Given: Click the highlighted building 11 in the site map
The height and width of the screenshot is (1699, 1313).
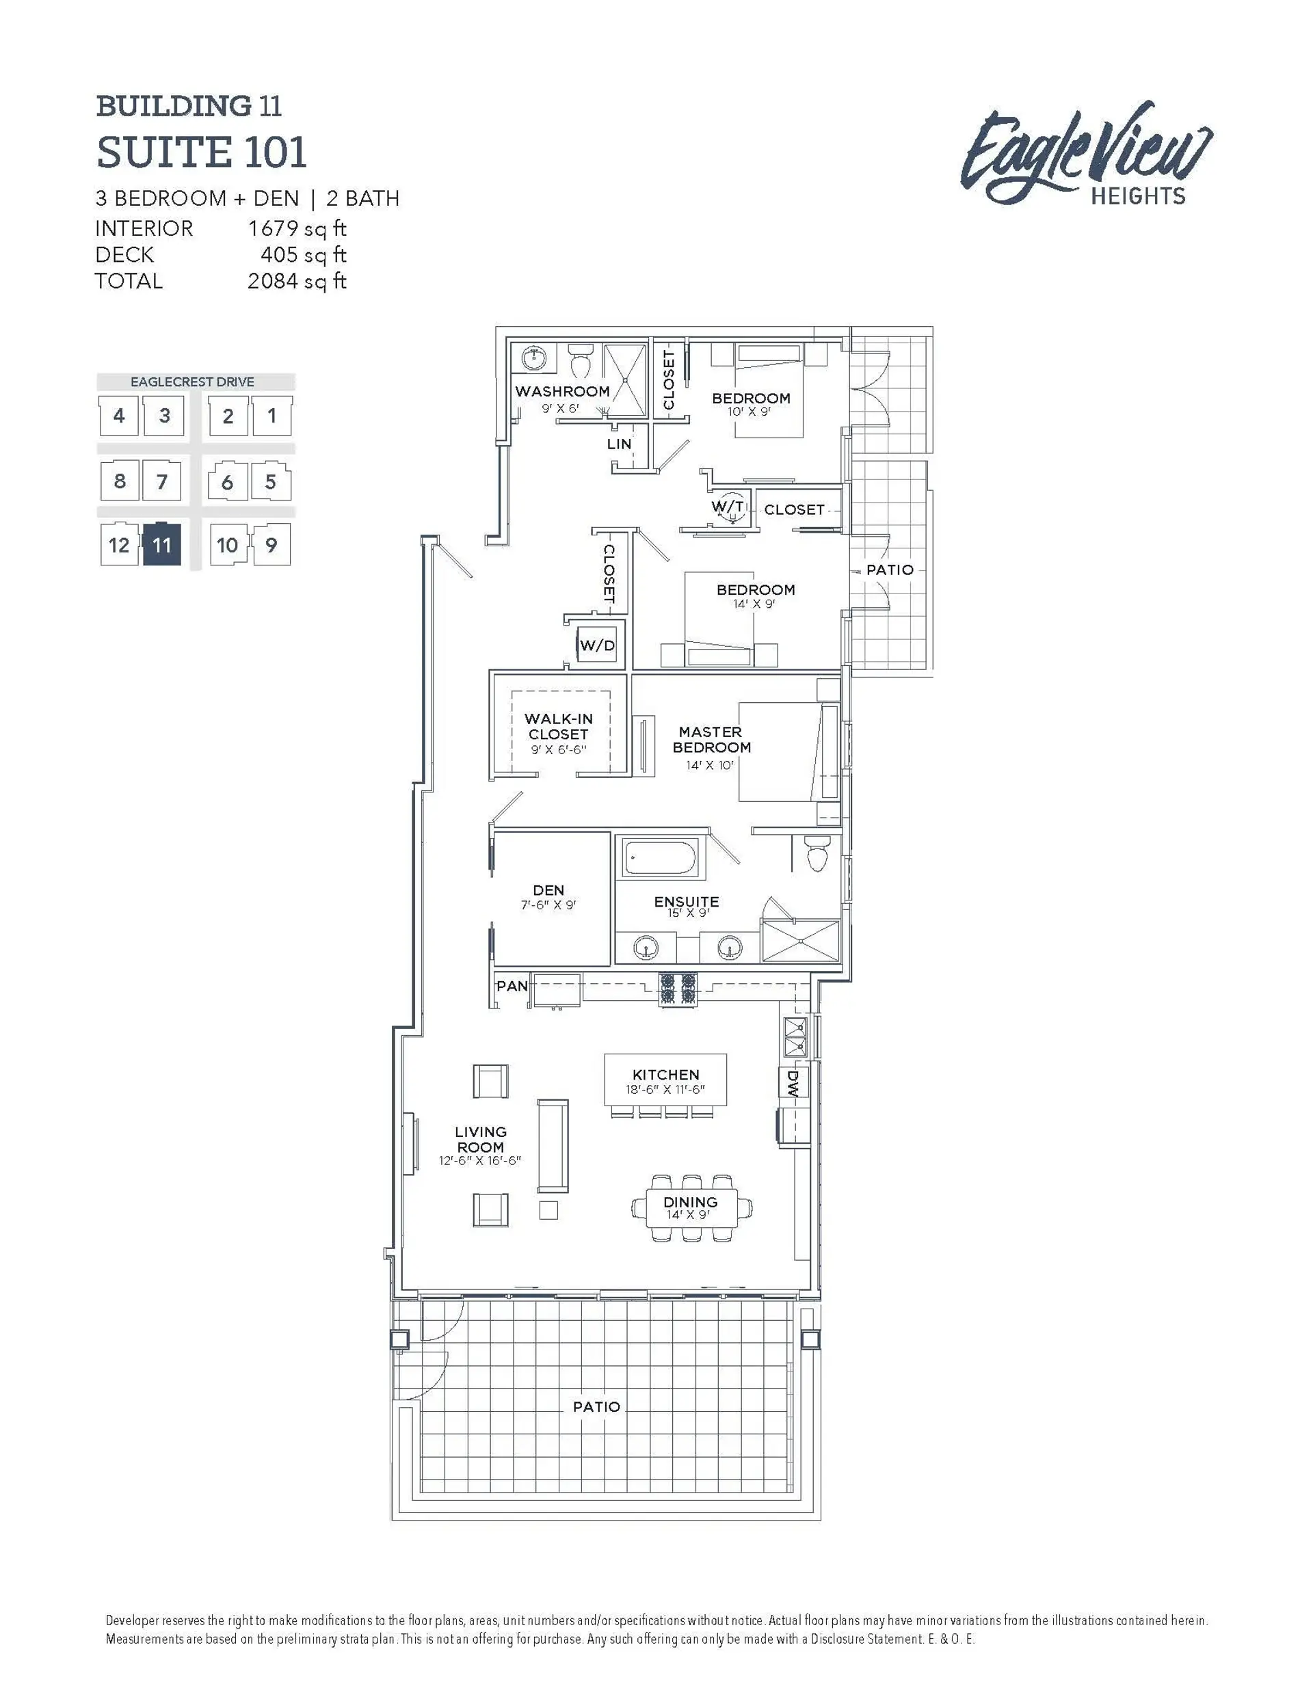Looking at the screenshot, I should [162, 544].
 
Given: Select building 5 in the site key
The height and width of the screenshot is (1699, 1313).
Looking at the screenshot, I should [271, 481].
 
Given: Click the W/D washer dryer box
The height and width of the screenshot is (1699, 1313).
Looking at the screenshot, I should [597, 645].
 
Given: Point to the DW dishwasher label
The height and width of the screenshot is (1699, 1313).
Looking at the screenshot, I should [793, 1082].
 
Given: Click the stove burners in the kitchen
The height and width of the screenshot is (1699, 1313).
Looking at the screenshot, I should [678, 988].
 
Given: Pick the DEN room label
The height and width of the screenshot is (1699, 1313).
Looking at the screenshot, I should [548, 890].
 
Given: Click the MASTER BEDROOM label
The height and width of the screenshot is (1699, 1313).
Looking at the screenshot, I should [711, 739].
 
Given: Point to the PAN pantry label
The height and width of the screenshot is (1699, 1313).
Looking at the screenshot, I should [512, 986].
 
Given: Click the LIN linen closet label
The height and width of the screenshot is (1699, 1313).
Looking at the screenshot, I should [620, 444].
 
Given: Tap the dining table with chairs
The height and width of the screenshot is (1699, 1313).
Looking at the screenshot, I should [691, 1208].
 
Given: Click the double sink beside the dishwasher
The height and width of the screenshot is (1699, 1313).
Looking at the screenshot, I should [795, 1038].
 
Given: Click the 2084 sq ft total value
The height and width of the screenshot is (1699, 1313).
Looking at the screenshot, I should [297, 281].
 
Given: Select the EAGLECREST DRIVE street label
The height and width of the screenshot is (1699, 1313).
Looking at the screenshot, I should [192, 382].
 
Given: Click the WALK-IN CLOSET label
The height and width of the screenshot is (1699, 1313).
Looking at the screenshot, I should [559, 726].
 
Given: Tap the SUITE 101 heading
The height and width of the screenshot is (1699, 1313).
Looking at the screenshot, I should [201, 152].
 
